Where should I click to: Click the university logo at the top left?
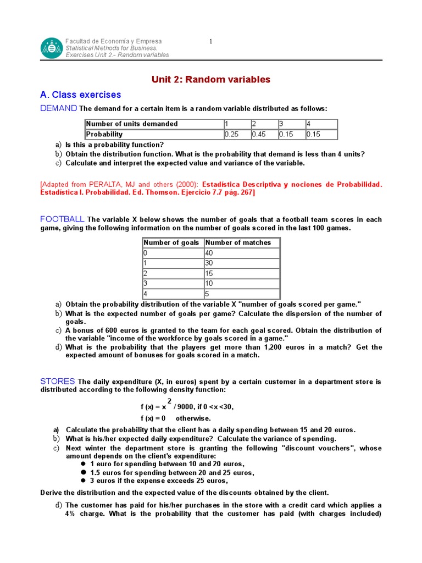point(52,48)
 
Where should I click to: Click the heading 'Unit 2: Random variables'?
point(211,80)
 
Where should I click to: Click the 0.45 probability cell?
point(263,134)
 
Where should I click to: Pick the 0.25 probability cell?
point(236,134)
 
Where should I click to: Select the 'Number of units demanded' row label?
point(132,124)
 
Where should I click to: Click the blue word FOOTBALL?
point(62,219)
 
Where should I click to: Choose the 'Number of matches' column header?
point(238,242)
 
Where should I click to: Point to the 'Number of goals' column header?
point(171,242)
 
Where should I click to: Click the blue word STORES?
point(58,382)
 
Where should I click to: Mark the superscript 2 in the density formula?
point(169,400)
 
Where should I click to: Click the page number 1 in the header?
point(211,41)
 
